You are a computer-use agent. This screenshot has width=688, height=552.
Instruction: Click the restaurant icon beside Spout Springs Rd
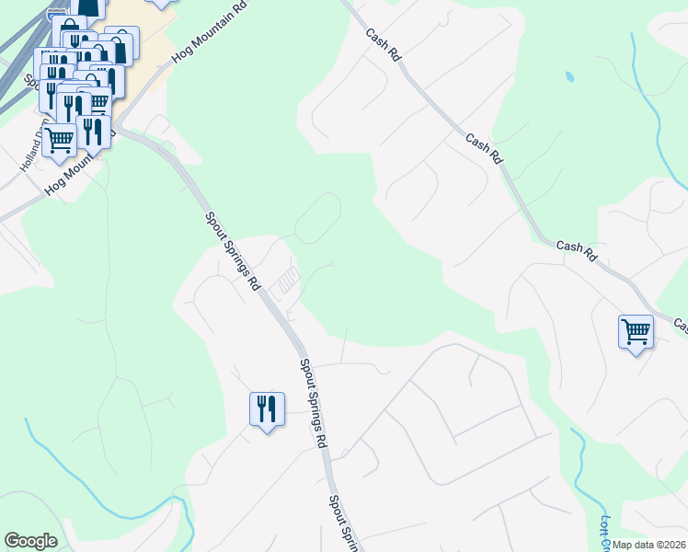[x=267, y=408]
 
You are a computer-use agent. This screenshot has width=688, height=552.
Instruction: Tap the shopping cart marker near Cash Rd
[x=636, y=331]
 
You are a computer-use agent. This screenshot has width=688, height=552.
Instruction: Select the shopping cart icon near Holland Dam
[x=60, y=141]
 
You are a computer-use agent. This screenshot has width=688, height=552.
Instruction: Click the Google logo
[x=30, y=541]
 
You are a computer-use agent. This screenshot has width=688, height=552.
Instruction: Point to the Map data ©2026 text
[x=649, y=545]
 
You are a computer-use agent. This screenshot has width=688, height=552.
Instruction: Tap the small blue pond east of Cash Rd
[x=569, y=76]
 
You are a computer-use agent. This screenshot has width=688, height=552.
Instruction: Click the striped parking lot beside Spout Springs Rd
[x=288, y=279]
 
